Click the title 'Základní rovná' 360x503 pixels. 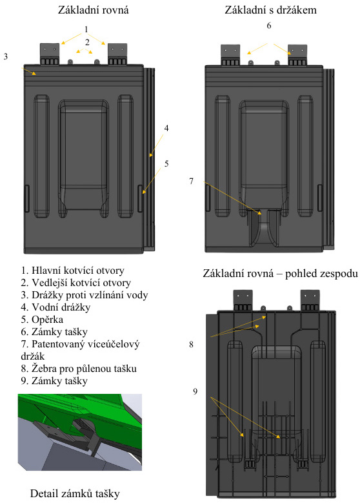pos(94,10)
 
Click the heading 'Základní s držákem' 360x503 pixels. pos(270,10)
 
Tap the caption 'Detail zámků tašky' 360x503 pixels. pos(75,493)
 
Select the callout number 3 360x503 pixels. pos(5,56)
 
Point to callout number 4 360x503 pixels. pos(166,128)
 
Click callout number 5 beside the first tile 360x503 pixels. pos(166,163)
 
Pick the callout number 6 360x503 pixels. pos(269,25)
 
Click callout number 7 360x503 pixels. pos(192,181)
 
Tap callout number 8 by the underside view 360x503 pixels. pos(192,344)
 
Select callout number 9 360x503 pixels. pos(195,391)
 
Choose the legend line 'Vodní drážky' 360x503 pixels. pos(55,307)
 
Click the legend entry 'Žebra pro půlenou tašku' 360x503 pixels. pos(79,369)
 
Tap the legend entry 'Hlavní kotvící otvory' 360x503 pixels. pos(72,271)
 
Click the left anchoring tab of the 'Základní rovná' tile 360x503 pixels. pos(50,54)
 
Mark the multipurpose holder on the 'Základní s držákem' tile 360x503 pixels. pos(264,229)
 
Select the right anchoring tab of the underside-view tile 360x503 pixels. pos(310,300)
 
